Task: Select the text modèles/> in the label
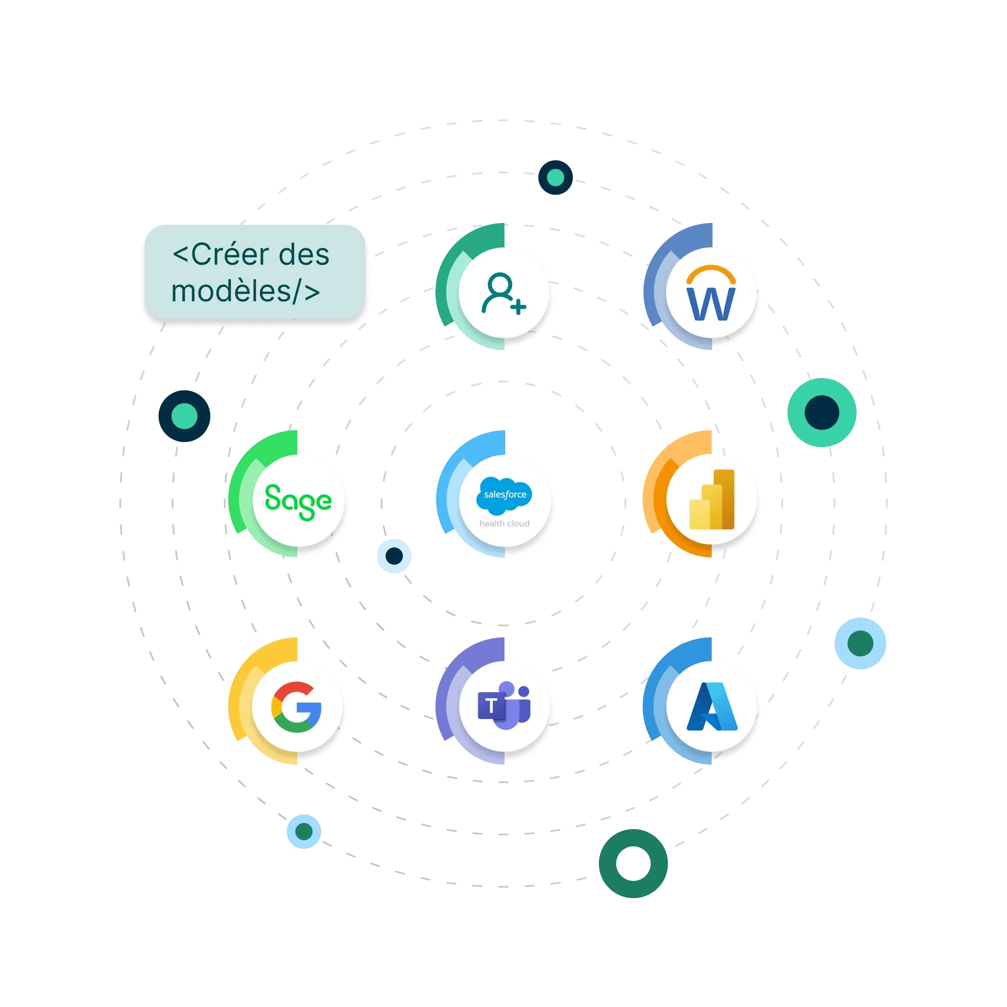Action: [246, 291]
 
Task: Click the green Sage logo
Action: [298, 501]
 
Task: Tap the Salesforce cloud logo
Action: [504, 494]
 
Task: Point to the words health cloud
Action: [504, 523]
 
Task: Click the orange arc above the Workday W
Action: [711, 272]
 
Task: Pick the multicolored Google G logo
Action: [296, 707]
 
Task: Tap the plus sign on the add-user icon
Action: [518, 307]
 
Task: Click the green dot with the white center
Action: [633, 863]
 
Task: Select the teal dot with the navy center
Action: [821, 412]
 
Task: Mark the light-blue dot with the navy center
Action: [394, 556]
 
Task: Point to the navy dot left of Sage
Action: [185, 416]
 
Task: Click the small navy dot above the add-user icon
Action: [556, 177]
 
